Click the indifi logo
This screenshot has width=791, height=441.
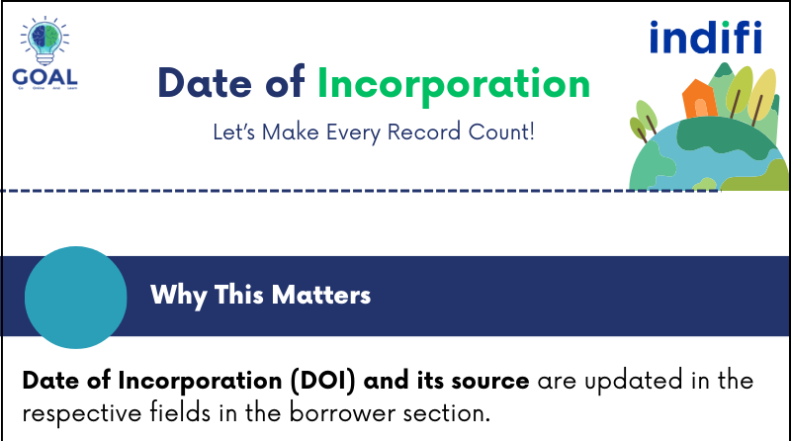706,38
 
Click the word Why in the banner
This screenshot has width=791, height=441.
174,295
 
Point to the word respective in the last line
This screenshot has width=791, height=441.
75,412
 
